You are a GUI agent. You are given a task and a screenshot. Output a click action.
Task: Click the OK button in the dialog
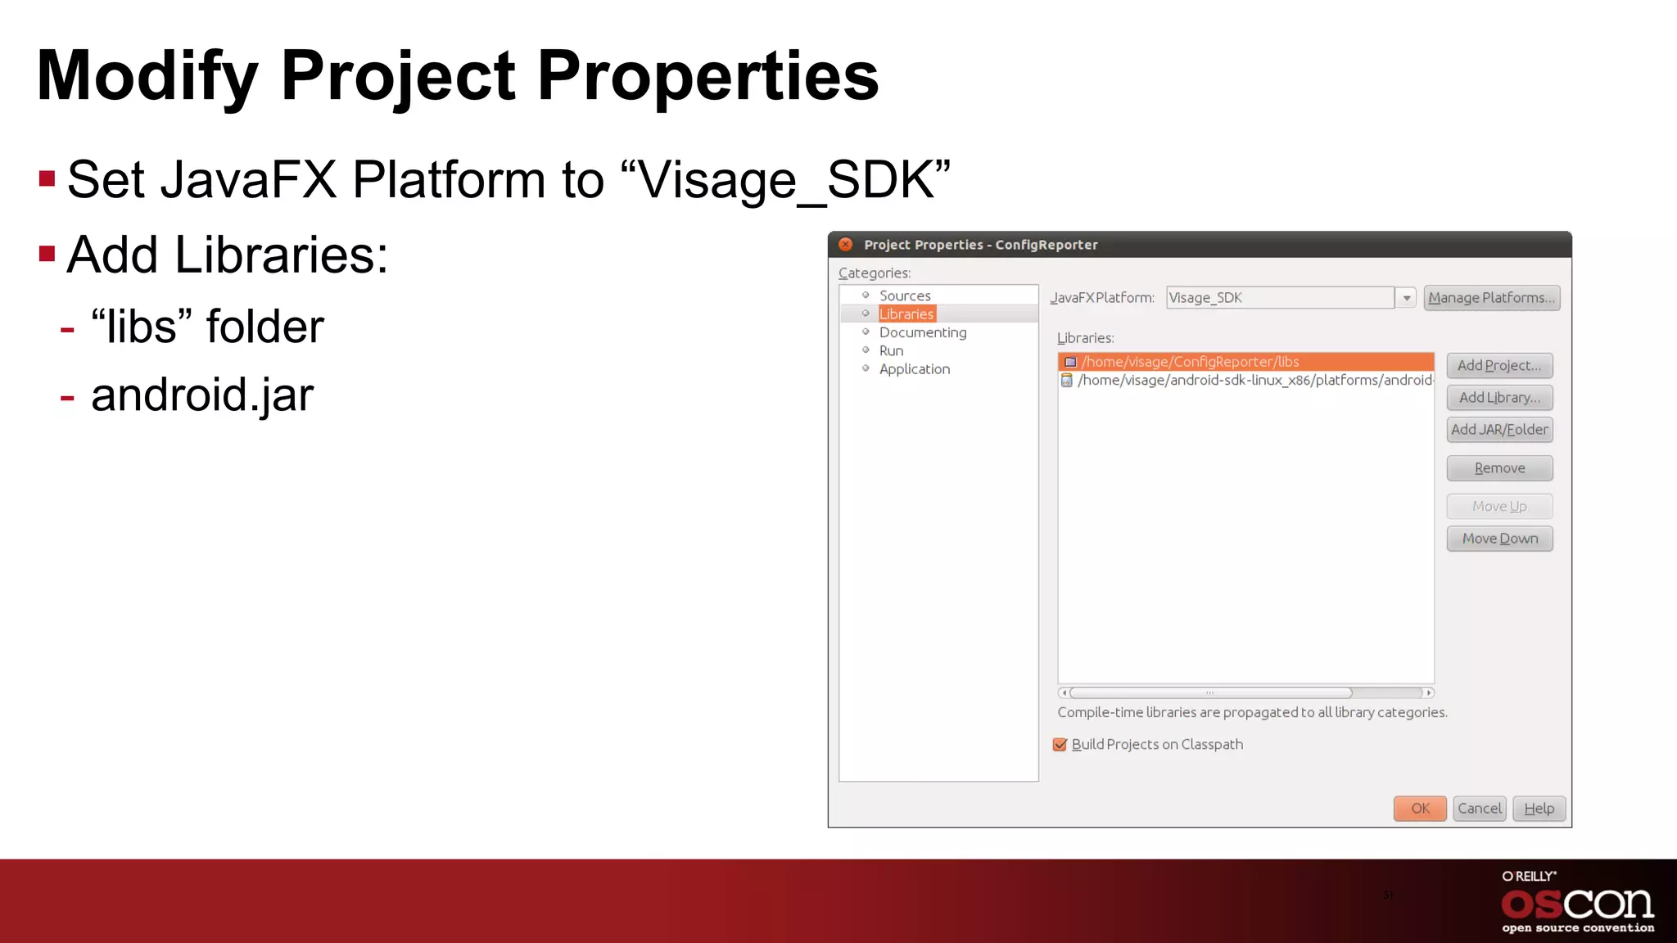click(x=1419, y=808)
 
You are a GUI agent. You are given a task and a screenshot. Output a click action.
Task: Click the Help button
click(x=1539, y=808)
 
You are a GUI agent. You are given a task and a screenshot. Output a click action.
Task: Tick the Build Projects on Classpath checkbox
click(x=1060, y=744)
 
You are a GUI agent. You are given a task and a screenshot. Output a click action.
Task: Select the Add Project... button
click(x=1498, y=365)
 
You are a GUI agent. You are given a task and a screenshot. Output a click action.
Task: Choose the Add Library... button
click(x=1498, y=397)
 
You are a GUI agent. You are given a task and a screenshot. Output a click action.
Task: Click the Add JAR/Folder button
click(x=1498, y=429)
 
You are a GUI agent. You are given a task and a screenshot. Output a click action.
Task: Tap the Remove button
click(x=1498, y=467)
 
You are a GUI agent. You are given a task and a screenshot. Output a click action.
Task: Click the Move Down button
click(x=1498, y=538)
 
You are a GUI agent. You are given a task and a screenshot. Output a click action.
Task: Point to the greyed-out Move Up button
click(x=1498, y=506)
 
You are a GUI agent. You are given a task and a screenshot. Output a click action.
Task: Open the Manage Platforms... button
click(x=1491, y=297)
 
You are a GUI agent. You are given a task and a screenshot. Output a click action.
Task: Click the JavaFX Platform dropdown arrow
click(x=1406, y=298)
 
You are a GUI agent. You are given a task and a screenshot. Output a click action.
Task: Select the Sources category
click(x=904, y=296)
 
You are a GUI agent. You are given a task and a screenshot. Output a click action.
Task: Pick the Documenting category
click(x=922, y=332)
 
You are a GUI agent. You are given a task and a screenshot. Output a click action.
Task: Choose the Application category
click(x=914, y=369)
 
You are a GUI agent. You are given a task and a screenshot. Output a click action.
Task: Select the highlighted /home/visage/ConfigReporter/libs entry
click(x=1190, y=361)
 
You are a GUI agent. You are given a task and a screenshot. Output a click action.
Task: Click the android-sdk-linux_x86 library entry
click(x=1253, y=380)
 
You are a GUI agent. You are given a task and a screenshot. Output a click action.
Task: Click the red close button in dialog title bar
click(x=846, y=244)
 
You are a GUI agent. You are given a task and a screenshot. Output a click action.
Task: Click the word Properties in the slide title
click(x=707, y=76)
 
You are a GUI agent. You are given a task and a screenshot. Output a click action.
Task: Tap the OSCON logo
click(x=1577, y=904)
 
